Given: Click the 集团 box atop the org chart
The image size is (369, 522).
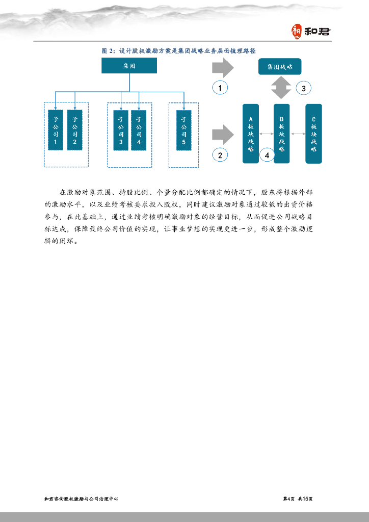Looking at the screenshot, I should pos(129,66).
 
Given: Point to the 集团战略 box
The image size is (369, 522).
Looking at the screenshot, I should pos(280,67).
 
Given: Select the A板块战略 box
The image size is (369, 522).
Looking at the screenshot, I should pos(251,134).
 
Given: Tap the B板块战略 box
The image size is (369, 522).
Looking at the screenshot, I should pos(281,134).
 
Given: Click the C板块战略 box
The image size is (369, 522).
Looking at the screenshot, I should pos(313,134).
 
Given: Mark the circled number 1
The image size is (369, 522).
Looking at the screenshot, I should pos(220,88).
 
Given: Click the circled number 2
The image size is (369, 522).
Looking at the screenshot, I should pos(220,155).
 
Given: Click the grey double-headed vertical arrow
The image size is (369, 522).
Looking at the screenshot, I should pos(280,88).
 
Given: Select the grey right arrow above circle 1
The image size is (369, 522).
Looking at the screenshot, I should pos(222,67).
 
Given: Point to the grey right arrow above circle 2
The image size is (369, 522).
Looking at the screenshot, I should pos(222,134).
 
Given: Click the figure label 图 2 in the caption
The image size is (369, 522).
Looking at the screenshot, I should pos(108,51).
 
